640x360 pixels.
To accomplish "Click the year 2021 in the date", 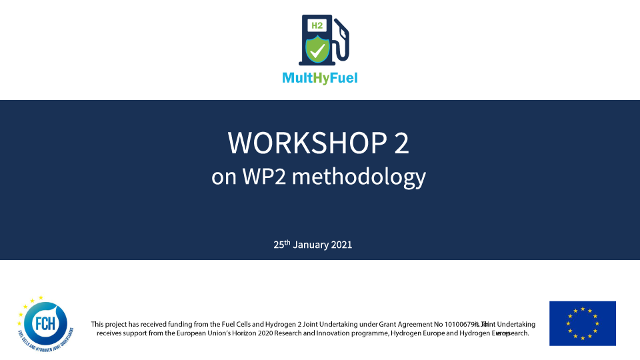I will pos(341,245).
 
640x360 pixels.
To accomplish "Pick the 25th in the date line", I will pos(282,245).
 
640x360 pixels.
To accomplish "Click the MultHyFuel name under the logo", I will pos(320,78).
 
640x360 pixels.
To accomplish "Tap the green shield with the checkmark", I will pos(317,49).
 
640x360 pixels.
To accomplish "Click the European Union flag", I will pos(582,323).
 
